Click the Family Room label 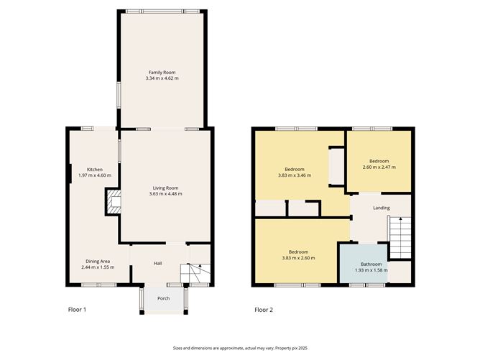[162, 73]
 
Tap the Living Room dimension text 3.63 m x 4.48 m [165, 194]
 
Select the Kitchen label [95, 170]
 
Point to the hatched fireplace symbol [114, 202]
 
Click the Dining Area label [98, 262]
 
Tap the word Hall [157, 263]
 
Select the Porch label [163, 298]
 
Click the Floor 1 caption [77, 310]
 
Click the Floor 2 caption [264, 310]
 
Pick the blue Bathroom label [371, 264]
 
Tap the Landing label [382, 208]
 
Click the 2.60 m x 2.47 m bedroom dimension [379, 167]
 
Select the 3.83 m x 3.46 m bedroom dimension [295, 175]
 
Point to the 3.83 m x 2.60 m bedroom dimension [298, 258]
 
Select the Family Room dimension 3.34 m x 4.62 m [162, 78]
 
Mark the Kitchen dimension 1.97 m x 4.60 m [95, 176]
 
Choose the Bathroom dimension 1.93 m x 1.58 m [371, 270]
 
